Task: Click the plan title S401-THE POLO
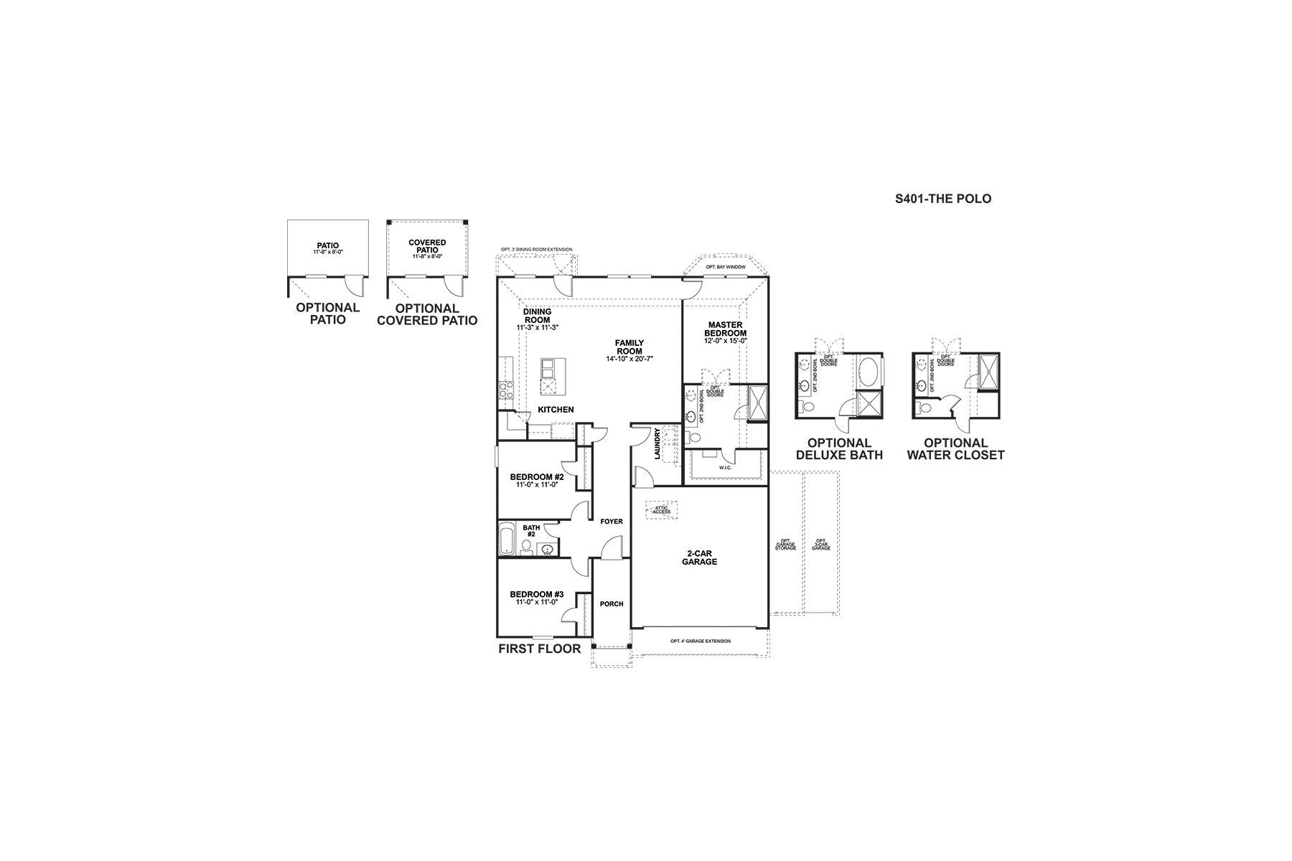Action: coord(942,199)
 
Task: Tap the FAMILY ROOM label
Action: coord(629,347)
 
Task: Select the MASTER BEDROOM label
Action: coord(725,329)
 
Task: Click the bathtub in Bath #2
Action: coord(507,539)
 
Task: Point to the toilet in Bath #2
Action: coord(526,548)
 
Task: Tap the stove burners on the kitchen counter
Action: coord(505,390)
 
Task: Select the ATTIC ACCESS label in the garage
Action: coord(661,509)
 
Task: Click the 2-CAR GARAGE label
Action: coord(699,557)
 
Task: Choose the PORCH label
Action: coord(612,604)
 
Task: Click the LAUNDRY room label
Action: coord(657,443)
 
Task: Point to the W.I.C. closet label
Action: coord(725,468)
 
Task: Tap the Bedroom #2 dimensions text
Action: coord(537,485)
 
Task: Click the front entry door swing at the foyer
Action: coord(611,549)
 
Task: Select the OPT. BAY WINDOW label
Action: coord(725,267)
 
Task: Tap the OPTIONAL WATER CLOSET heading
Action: coord(955,449)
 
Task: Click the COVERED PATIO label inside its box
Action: coord(427,246)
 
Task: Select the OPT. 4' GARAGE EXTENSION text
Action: coord(700,641)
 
